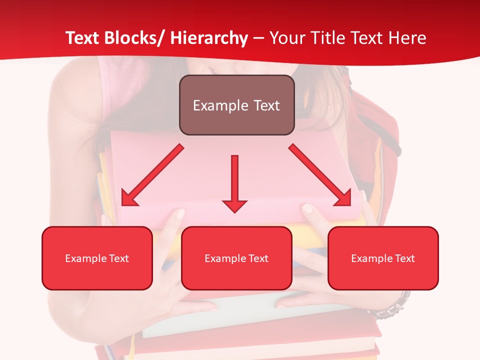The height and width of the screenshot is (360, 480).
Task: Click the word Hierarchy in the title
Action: click(x=209, y=38)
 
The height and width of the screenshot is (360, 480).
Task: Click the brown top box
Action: click(x=236, y=105)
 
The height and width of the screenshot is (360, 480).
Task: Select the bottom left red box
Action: click(x=97, y=258)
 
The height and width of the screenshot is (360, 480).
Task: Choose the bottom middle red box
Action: click(x=236, y=258)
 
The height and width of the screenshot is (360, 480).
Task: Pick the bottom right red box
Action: click(x=383, y=258)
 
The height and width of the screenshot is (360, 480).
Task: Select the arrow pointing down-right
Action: click(x=320, y=175)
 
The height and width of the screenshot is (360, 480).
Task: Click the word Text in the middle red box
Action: click(x=258, y=258)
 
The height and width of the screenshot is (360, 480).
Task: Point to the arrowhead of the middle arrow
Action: click(x=234, y=205)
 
